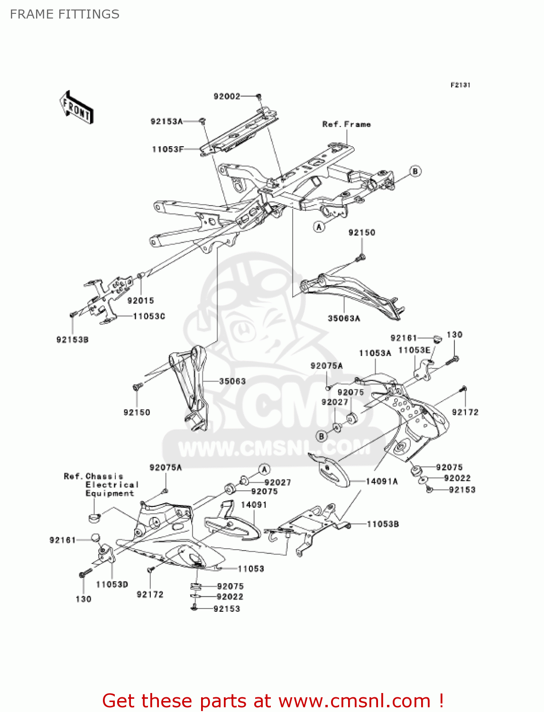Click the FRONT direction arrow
tap(76, 108)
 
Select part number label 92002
tap(227, 96)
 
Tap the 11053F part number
tap(167, 149)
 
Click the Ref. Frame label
tap(346, 124)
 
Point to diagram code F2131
tap(460, 85)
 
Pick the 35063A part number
tap(344, 318)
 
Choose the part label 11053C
tap(149, 316)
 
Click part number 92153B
tap(72, 340)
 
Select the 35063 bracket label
tap(232, 381)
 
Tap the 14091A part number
tap(382, 481)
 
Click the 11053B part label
tap(383, 524)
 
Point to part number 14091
tap(254, 505)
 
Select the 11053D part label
tap(112, 584)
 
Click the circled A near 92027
tap(265, 470)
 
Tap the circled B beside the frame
tap(415, 171)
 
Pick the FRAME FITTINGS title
tap(65, 14)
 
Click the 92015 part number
tap(140, 300)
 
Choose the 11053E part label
tap(414, 350)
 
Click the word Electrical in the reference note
tap(112, 485)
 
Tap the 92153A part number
tap(166, 122)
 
